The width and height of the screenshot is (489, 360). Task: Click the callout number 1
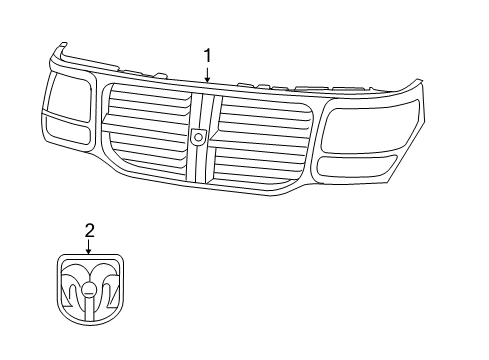coord(207,57)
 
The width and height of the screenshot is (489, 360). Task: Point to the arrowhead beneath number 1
coord(207,79)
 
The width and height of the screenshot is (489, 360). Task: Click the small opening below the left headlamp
coord(67,133)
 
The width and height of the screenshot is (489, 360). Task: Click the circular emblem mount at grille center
coord(199,136)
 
